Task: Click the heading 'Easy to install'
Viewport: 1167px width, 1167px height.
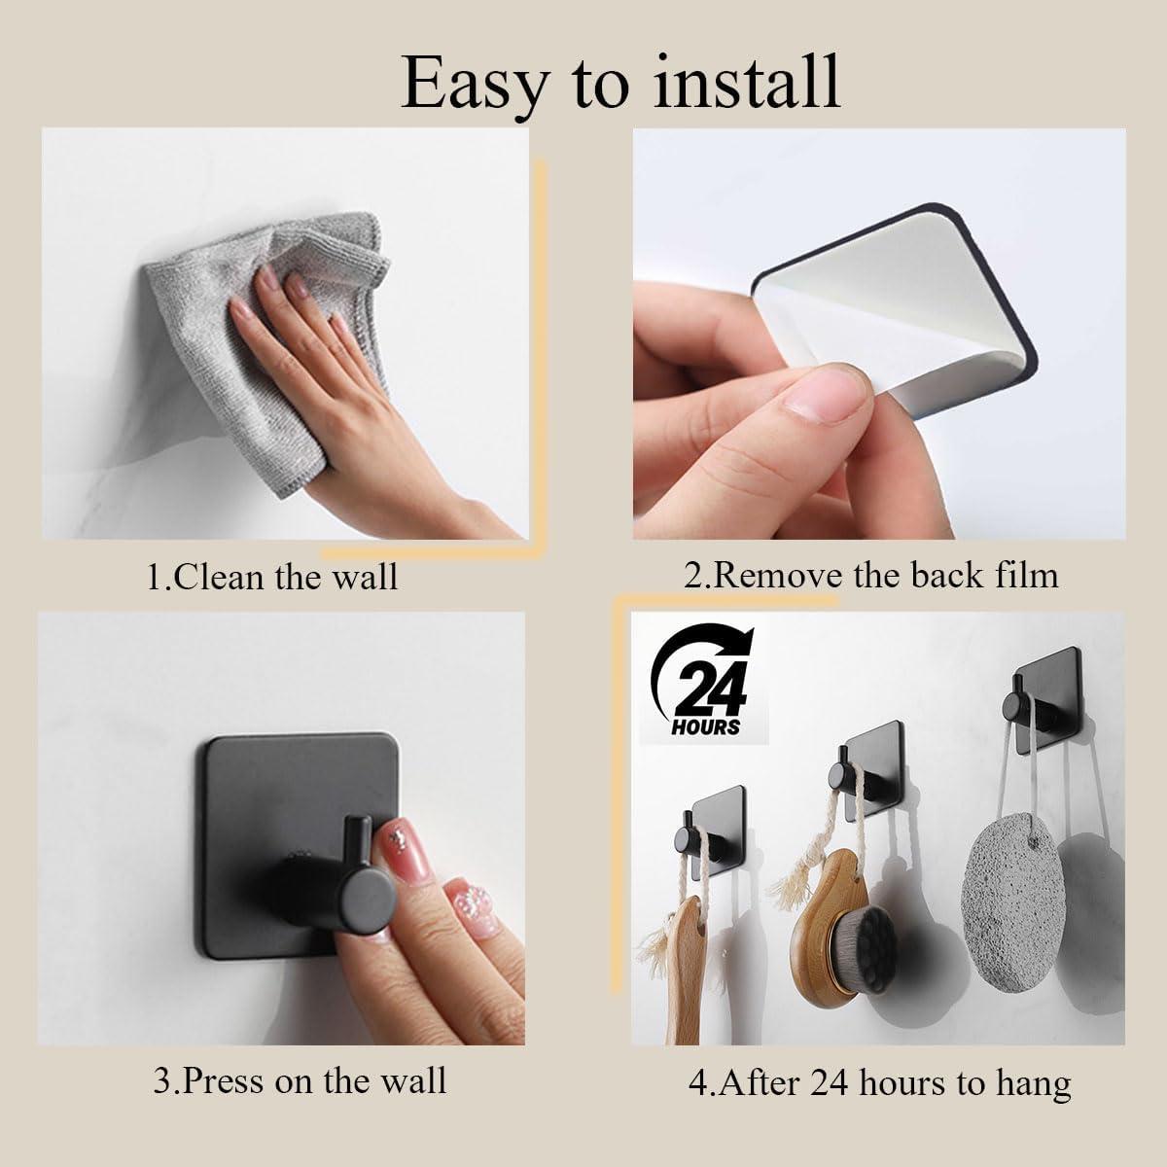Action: [620, 82]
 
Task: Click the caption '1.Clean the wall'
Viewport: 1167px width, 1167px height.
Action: [272, 577]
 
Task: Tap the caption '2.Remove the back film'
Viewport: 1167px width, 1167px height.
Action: [870, 575]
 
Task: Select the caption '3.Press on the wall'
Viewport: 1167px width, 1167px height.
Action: [300, 1080]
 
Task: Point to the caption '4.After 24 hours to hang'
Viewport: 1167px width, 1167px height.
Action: [880, 1082]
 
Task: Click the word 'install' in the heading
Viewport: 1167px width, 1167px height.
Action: [744, 82]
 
